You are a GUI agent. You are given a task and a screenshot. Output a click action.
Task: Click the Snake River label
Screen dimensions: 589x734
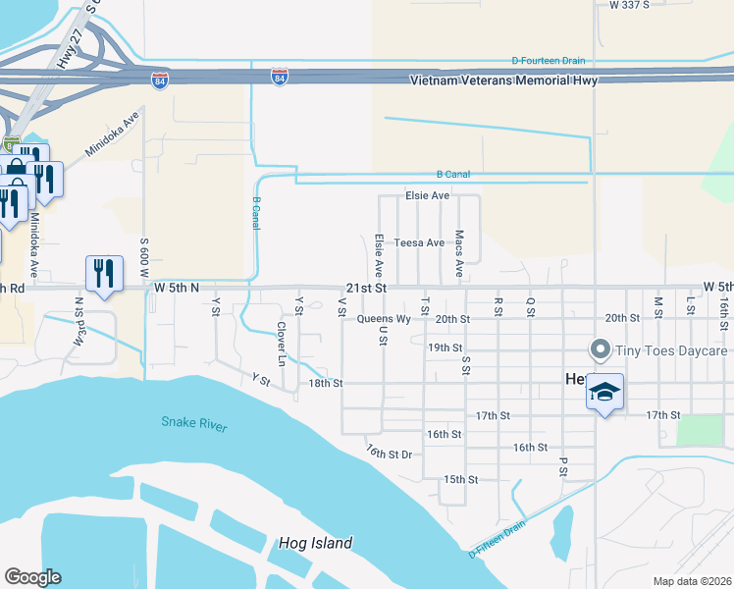coord(194,424)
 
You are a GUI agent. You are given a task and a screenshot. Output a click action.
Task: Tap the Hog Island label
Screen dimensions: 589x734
coord(314,543)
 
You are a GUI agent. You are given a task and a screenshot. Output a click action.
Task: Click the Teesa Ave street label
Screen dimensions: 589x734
coord(419,242)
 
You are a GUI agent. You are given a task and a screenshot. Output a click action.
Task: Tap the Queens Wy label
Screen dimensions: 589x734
coord(384,319)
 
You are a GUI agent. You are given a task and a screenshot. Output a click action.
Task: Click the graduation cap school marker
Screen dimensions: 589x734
coord(604,393)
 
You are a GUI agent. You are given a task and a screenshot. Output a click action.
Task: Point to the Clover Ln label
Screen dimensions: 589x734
coord(281,344)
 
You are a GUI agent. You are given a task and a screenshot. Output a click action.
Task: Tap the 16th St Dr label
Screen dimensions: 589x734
coord(390,452)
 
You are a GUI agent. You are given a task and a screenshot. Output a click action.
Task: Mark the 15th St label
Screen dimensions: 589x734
coord(460,479)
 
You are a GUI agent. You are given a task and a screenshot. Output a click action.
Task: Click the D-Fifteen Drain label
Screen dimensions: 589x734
coord(498,539)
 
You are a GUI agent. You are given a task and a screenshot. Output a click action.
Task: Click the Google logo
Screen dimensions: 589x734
coord(32,577)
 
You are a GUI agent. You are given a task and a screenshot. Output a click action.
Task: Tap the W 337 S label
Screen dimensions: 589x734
coord(629,5)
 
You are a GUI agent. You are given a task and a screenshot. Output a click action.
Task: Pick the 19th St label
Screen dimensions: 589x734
coord(445,348)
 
